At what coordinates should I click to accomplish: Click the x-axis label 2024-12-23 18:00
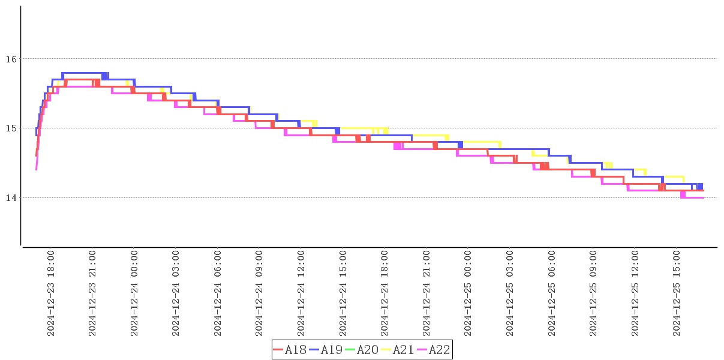pyautogui.click(x=51, y=293)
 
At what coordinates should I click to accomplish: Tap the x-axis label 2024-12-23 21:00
pyautogui.click(x=92, y=293)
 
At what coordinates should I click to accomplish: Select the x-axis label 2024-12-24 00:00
pyautogui.click(x=134, y=293)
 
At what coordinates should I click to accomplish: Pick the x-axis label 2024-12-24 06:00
pyautogui.click(x=218, y=293)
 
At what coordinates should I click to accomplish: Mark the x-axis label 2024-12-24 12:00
pyautogui.click(x=301, y=293)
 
